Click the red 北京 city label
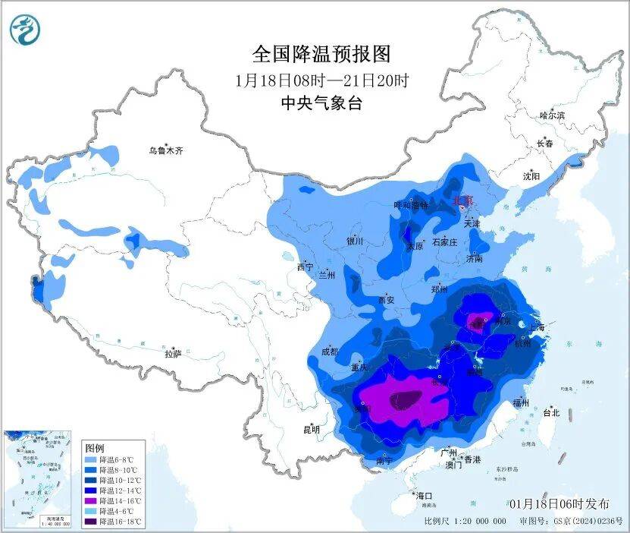pos(462,200)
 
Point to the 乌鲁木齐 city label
pos(165,150)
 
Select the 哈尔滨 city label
pos(552,115)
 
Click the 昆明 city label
pos(312,429)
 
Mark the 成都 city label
pos(329,352)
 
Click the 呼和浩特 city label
pos(411,205)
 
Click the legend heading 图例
pos(95,448)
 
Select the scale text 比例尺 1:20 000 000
pos(465,522)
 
